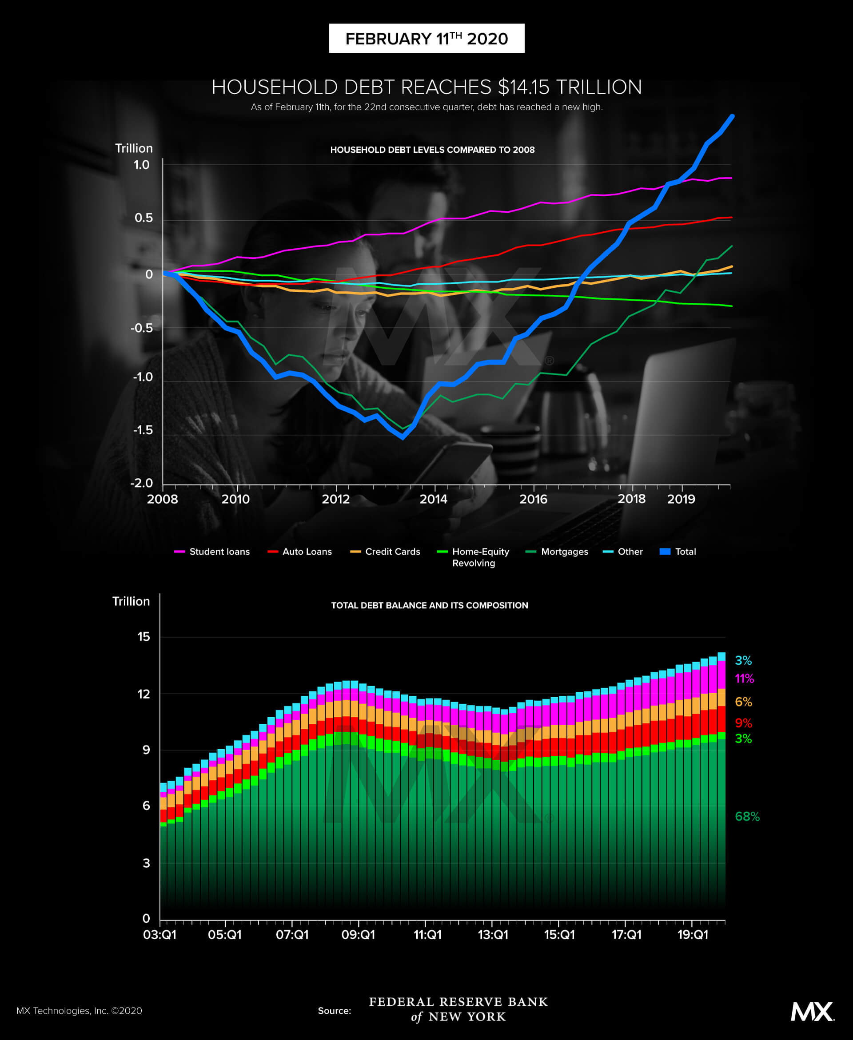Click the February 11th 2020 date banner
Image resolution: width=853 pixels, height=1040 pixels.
[x=426, y=38]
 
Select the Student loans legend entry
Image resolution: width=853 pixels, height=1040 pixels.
[x=212, y=552]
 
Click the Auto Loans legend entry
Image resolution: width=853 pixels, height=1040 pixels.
[x=299, y=552]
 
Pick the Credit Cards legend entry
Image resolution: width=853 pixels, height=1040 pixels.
[x=385, y=552]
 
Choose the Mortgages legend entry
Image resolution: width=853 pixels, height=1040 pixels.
[x=557, y=552]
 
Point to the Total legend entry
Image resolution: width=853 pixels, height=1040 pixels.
[x=678, y=552]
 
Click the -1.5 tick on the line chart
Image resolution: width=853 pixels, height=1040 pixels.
[x=143, y=430]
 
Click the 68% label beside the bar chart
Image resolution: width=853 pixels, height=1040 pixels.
[x=747, y=817]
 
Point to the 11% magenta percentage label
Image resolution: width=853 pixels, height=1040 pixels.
[x=744, y=679]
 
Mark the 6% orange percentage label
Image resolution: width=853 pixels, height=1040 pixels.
[x=743, y=702]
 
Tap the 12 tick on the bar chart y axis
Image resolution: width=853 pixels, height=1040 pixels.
[x=143, y=694]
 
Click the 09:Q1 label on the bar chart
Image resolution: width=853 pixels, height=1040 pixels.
[x=358, y=934]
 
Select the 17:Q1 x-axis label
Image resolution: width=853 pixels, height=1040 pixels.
[x=626, y=934]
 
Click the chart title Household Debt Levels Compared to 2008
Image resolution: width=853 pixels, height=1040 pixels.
[x=432, y=150]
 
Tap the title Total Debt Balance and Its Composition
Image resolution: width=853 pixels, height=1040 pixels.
[x=430, y=605]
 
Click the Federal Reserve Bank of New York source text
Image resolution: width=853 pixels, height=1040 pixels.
[x=458, y=1009]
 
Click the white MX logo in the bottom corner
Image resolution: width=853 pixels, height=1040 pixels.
[x=813, y=1012]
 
